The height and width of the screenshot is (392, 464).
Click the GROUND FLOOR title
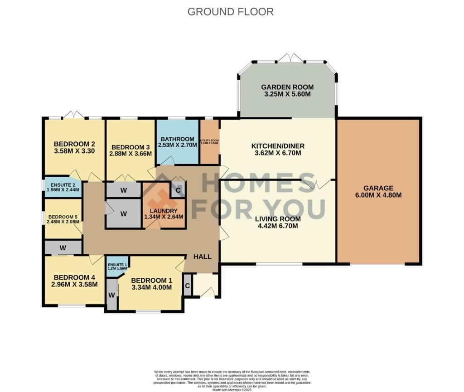tap(230, 12)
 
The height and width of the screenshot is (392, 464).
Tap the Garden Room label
tap(287, 87)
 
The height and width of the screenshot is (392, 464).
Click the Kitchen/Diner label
tap(278, 146)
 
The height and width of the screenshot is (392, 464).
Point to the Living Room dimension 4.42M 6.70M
tap(275, 226)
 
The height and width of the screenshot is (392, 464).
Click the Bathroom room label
tap(176, 139)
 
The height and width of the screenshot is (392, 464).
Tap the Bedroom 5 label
tap(63, 217)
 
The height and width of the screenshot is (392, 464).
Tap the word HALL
tap(203, 256)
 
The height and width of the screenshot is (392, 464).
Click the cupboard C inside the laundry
tap(178, 190)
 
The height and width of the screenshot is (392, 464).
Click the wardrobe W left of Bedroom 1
tap(111, 295)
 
